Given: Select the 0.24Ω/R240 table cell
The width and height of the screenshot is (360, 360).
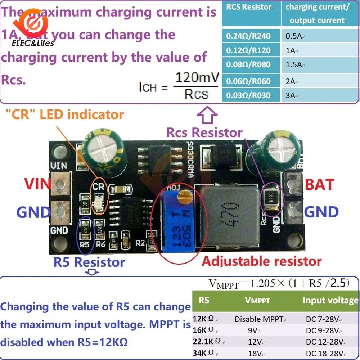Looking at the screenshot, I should pyautogui.click(x=248, y=36).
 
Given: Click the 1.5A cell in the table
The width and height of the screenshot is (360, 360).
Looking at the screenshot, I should pyautogui.click(x=293, y=65).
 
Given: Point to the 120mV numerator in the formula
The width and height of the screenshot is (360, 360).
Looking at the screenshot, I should pyautogui.click(x=197, y=77).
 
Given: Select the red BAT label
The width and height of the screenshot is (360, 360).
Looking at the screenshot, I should pyautogui.click(x=320, y=185).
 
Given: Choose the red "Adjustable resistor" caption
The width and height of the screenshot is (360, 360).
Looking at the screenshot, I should pyautogui.click(x=262, y=261).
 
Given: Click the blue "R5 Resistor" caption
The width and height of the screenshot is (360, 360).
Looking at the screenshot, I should pyautogui.click(x=89, y=262).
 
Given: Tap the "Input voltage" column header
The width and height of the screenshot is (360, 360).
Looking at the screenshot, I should pyautogui.click(x=330, y=300).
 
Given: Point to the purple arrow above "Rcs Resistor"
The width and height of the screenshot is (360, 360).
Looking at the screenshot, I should pyautogui.click(x=207, y=116).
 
